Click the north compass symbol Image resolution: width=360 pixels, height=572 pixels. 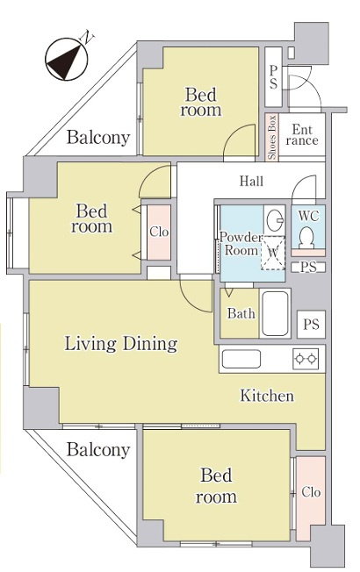click(67, 59)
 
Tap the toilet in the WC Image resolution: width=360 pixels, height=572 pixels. click(306, 238)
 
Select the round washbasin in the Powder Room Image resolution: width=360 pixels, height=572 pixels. click(274, 220)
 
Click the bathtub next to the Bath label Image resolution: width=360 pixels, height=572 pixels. click(276, 313)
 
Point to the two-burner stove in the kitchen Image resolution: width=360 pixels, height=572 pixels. click(306, 359)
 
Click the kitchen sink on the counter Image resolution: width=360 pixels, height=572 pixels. click(241, 359)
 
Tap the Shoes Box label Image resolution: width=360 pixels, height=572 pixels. click(271, 138)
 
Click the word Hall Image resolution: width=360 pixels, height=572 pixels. click(252, 181)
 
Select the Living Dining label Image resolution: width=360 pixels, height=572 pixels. click(121, 344)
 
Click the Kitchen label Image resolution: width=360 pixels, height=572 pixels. click(267, 396)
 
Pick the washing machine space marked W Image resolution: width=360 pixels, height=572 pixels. click(273, 253)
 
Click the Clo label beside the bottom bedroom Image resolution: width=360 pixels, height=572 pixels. click(311, 492)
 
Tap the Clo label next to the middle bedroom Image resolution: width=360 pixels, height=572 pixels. click(159, 232)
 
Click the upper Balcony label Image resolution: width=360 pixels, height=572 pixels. click(98, 138)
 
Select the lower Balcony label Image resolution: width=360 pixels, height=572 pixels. click(98, 449)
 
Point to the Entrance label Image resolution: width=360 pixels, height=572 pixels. click(302, 134)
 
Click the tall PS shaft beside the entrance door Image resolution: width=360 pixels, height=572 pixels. click(273, 77)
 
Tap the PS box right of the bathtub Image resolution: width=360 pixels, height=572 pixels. click(311, 324)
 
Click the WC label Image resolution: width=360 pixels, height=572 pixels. click(308, 216)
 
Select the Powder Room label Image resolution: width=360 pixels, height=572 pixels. click(241, 244)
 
